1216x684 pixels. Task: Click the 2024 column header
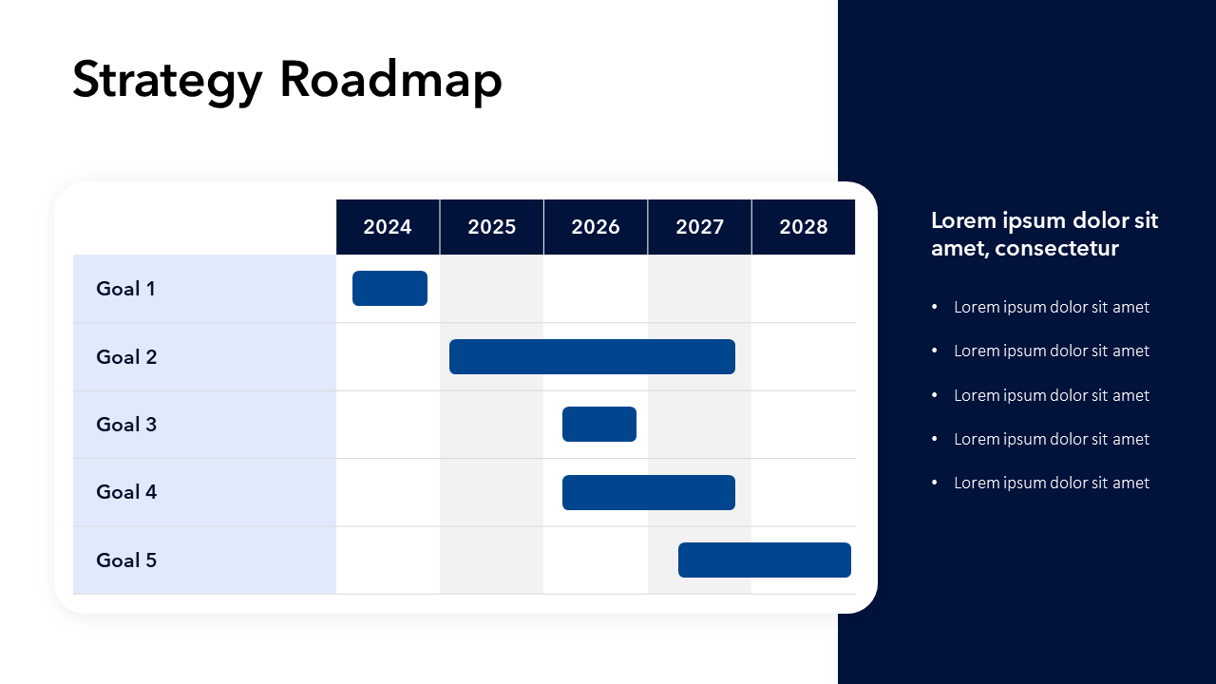coord(388,227)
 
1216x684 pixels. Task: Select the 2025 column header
coord(492,227)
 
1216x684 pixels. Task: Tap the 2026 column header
coord(596,227)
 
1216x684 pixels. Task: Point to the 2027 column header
coord(700,227)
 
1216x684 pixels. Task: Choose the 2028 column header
coord(804,227)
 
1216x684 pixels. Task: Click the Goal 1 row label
coord(125,289)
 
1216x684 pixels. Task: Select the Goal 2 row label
coord(126,357)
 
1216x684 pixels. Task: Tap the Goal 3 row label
coord(126,425)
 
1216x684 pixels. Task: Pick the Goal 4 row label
coord(126,492)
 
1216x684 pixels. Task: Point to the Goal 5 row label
coord(126,560)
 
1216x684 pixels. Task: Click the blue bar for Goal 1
coord(389,288)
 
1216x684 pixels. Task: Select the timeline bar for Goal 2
coord(592,356)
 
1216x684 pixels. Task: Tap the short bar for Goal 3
coord(599,424)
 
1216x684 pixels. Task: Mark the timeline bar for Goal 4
coord(649,492)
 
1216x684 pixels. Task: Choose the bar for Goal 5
coord(765,560)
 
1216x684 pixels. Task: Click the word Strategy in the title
coord(168,82)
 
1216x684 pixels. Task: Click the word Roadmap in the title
coord(390,81)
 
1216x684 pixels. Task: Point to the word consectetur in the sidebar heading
coord(1056,249)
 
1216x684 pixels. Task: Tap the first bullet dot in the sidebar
coord(934,307)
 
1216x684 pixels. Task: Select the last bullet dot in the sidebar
coord(934,482)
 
